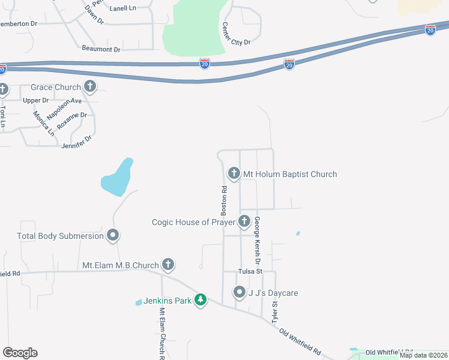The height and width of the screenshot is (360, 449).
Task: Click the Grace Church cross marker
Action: point(90,87)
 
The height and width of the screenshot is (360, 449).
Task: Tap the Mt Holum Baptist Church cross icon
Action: point(234,174)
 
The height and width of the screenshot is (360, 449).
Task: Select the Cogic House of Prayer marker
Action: point(244,222)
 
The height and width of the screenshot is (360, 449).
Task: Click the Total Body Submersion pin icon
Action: point(112,236)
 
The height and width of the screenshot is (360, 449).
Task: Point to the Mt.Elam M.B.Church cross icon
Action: point(167,265)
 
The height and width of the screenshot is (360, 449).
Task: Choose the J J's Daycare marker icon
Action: point(240,293)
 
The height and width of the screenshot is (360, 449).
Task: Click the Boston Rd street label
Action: point(223,201)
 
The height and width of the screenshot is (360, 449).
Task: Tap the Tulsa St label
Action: point(251,271)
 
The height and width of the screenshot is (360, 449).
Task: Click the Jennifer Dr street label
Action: point(76,142)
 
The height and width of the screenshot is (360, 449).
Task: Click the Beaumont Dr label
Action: point(101,48)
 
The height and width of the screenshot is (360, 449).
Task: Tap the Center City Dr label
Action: point(235,34)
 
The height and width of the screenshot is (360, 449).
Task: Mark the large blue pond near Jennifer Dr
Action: point(117,178)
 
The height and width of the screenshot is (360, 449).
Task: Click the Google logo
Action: point(20,353)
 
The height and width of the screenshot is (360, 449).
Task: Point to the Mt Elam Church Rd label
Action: point(161,334)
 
